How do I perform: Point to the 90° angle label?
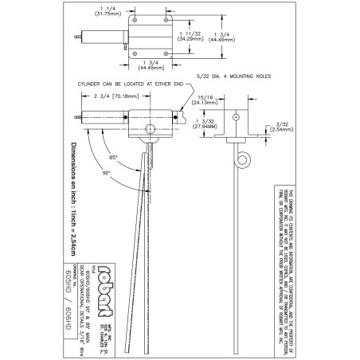point(106,174)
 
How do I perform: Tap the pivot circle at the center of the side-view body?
point(149,129)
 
